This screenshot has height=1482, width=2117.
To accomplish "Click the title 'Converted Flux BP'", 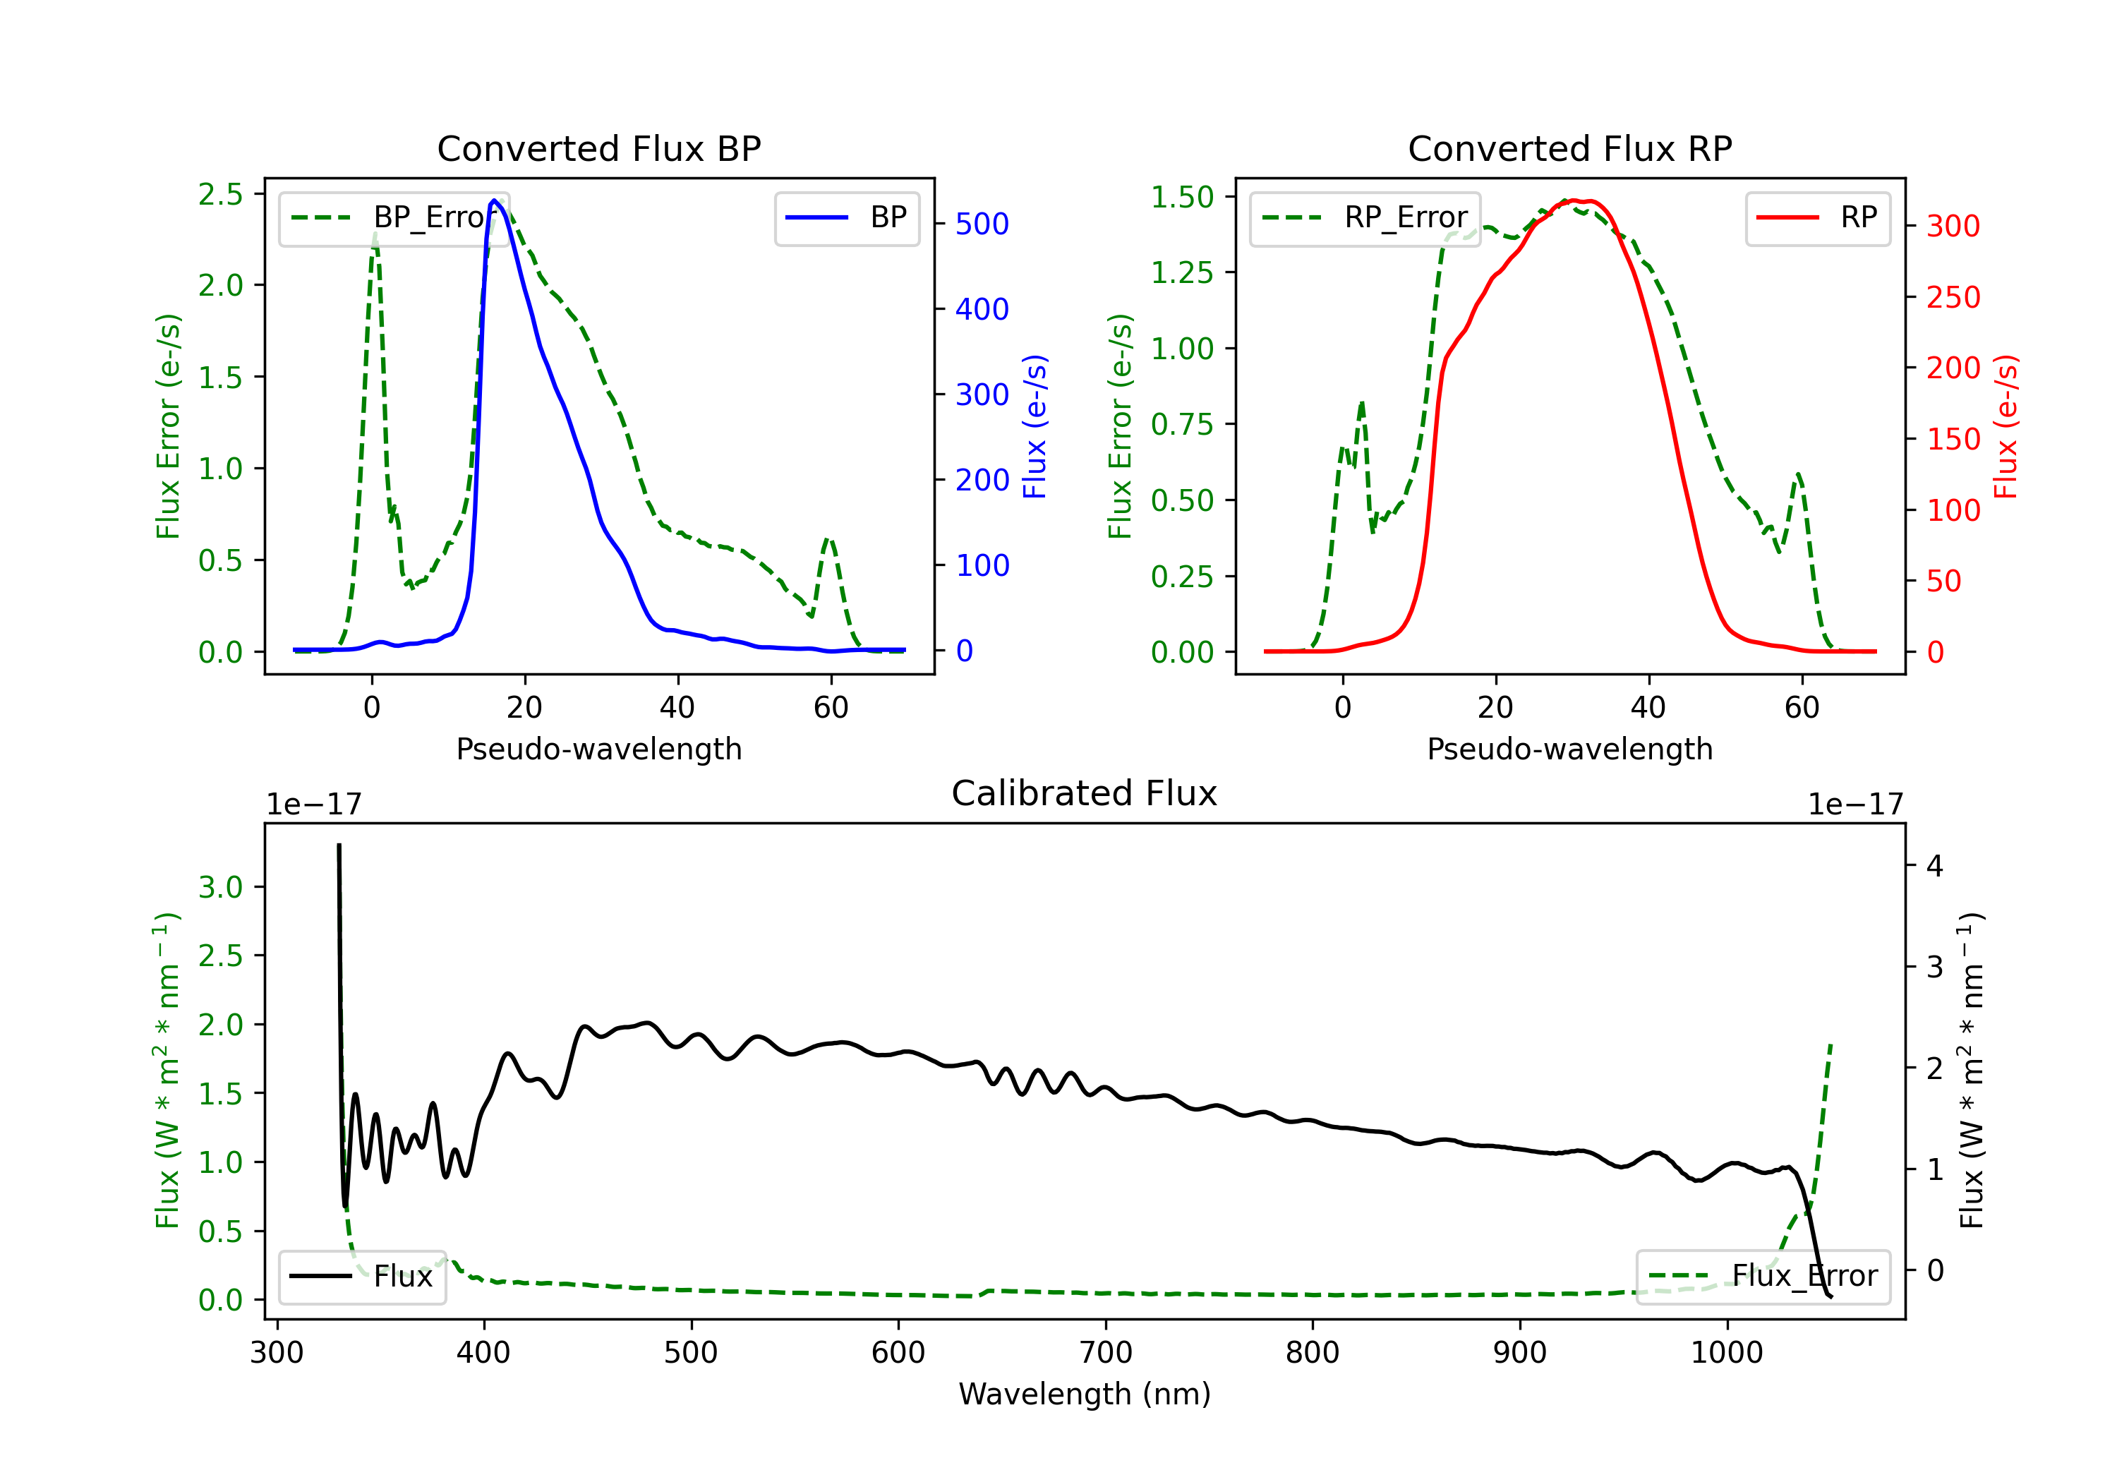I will pyautogui.click(x=598, y=148).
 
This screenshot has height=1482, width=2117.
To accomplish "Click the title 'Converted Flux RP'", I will pyautogui.click(x=1569, y=148).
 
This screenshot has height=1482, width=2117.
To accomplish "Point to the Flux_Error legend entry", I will pyautogui.click(x=1763, y=1277).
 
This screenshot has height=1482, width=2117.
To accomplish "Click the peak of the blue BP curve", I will pyautogui.click(x=494, y=200).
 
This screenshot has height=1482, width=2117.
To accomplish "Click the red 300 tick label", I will pyautogui.click(x=1953, y=226).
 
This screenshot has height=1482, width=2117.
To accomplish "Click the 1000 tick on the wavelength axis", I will pyautogui.click(x=1726, y=1353).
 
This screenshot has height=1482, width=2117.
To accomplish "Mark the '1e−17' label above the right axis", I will pyautogui.click(x=1855, y=805).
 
